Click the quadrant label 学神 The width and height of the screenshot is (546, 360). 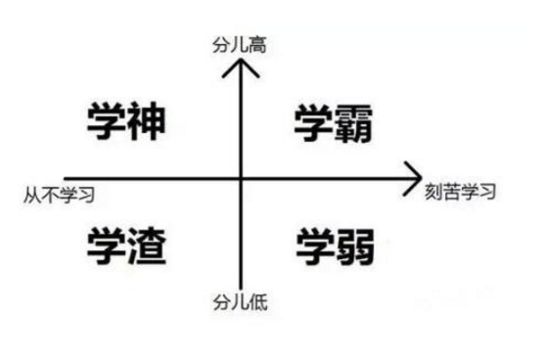(x=124, y=120)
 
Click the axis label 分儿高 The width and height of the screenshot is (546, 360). (x=241, y=44)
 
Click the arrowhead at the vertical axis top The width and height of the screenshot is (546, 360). (x=241, y=65)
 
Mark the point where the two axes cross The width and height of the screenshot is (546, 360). (x=241, y=178)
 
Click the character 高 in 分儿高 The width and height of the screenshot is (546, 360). (x=258, y=44)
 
